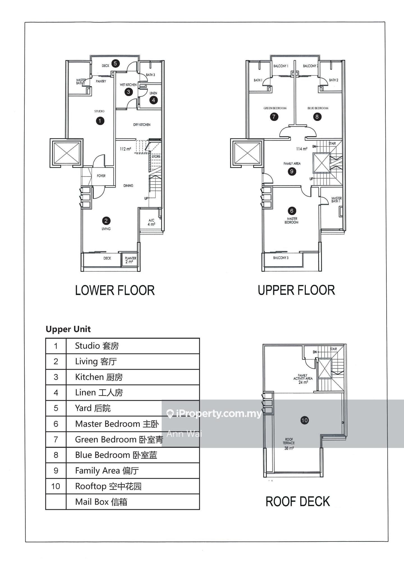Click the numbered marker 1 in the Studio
pos(100,121)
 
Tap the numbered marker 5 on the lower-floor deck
pos(115,63)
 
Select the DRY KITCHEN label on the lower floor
pos(142,125)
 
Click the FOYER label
pos(101,176)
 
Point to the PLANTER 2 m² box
pos(130,260)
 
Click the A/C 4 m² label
pos(151,222)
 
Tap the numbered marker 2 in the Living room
pos(106,221)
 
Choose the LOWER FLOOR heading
pos(115,290)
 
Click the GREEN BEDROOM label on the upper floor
pos(275,108)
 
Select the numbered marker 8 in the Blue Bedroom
pos(317,117)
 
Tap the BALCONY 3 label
pos(281,258)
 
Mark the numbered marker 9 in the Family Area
pos(292,171)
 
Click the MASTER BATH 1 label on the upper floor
pos(336,199)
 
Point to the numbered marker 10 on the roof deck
pos(304,420)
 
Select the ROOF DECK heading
pos(298,501)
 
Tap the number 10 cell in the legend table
pos(56,486)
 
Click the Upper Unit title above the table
pos(68,329)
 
